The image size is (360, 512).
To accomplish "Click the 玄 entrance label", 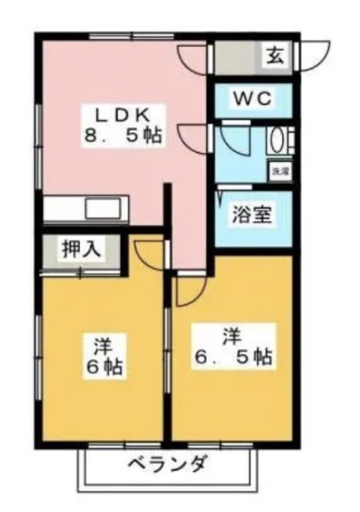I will click(274, 56).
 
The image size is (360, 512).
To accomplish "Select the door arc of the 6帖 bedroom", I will click(149, 253).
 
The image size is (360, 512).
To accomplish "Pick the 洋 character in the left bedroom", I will click(102, 346).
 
